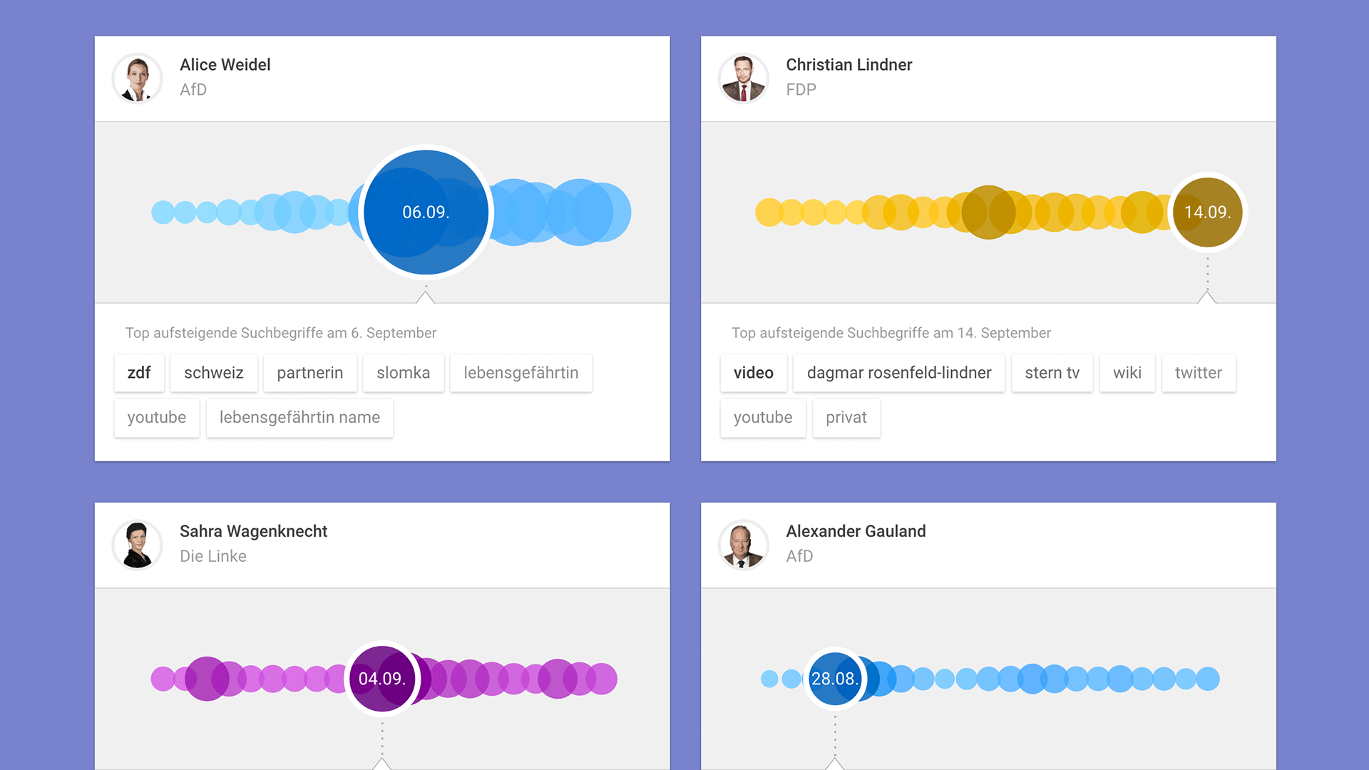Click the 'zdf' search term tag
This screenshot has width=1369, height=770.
(139, 373)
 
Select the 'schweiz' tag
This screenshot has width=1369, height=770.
(214, 373)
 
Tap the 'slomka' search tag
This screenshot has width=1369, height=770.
(403, 373)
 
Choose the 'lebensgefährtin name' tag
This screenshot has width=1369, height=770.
(299, 418)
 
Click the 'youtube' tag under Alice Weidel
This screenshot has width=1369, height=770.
(157, 418)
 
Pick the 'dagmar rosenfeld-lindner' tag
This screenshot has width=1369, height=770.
(898, 373)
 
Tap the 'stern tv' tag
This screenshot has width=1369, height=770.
(1052, 373)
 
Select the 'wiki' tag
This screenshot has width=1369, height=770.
(1127, 373)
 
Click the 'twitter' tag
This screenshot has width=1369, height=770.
(1198, 373)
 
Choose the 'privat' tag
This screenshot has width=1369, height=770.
(846, 418)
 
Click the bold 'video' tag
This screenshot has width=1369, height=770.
(753, 373)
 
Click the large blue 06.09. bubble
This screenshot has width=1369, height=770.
(426, 212)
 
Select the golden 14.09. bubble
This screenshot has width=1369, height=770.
(1207, 212)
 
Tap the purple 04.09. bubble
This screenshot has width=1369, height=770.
(382, 678)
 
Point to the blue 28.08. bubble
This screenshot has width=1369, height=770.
(834, 678)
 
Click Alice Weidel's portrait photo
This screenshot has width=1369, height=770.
(138, 78)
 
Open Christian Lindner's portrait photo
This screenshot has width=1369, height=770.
(744, 78)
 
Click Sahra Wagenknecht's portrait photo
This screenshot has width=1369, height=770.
(138, 545)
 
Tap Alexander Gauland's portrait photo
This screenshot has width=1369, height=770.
(744, 545)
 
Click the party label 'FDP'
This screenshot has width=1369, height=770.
(801, 90)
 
